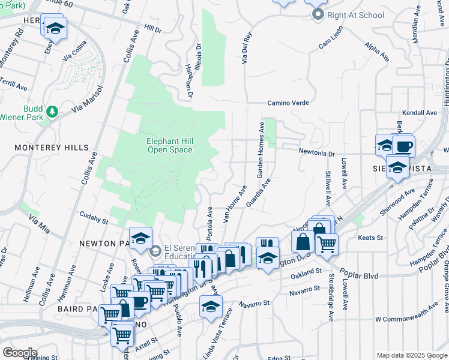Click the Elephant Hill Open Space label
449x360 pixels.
tap(170, 145)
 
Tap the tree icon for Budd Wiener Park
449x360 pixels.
tap(52, 111)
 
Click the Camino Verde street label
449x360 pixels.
tap(288, 103)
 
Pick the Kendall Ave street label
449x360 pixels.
tap(420, 113)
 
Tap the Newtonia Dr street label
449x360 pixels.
tap(317, 153)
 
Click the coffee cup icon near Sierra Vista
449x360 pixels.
tap(403, 146)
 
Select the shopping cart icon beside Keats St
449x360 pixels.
tap(326, 243)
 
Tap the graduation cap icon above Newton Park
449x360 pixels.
tap(140, 238)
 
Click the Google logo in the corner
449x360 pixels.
tap(20, 352)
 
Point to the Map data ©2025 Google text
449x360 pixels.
tap(411, 355)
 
